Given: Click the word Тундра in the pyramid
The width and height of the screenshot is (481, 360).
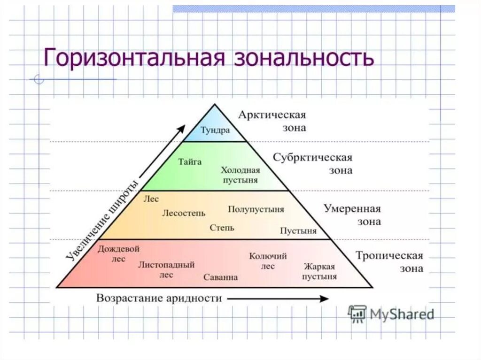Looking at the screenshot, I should point(215,130).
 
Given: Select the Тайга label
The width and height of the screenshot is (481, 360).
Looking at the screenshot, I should point(190,162).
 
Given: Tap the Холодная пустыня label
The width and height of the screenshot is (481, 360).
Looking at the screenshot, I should point(240,175).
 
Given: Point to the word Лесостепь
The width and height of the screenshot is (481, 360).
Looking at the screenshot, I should point(184,213).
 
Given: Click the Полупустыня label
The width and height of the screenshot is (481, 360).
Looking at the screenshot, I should point(256,209).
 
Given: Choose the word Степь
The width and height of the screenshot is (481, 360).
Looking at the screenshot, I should point(222,228).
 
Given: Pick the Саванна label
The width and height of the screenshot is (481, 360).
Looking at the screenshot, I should point(220,277).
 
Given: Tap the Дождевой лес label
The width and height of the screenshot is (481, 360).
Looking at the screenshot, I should point(118,253).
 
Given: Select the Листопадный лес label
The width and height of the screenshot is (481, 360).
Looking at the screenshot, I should point(166,269).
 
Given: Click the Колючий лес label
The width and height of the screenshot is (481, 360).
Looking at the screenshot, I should point(268,260).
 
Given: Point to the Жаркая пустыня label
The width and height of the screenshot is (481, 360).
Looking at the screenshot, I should point(319,271).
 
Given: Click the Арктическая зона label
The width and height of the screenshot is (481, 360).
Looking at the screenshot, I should point(272,121).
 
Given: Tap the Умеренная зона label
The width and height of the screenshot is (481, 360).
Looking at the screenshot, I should point(352,215).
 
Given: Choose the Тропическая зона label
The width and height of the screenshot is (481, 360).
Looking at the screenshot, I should point(389,262).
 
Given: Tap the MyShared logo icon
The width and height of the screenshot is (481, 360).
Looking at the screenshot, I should point(357,314).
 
